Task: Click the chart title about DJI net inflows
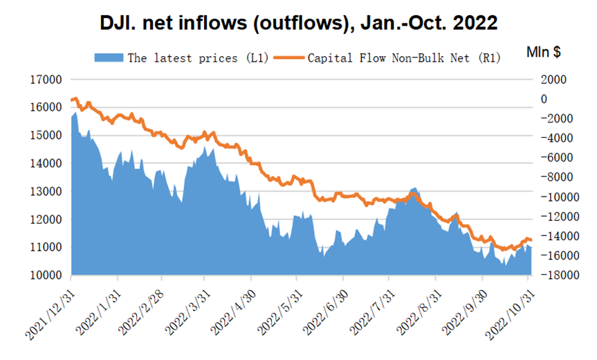[299, 22]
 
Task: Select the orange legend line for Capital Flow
[290, 57]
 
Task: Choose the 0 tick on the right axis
[544, 99]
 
